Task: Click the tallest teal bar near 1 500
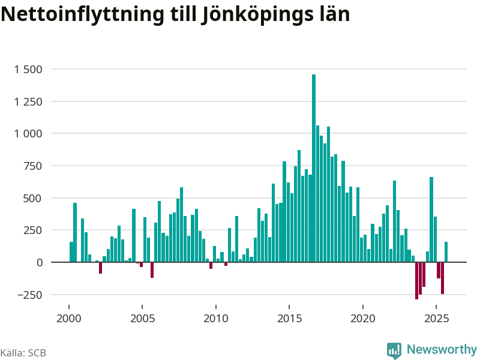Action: point(314,168)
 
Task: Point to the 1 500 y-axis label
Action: point(28,69)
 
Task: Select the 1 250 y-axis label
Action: point(28,101)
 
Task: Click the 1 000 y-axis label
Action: point(28,133)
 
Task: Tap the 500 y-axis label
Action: point(34,198)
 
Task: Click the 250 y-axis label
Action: point(34,230)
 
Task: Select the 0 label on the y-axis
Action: point(39,262)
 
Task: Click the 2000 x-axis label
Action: point(69,318)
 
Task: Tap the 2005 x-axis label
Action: point(142,318)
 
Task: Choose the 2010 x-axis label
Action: point(216,318)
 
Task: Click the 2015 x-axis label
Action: point(289,318)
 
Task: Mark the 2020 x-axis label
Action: point(363,318)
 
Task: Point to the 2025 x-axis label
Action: point(436,318)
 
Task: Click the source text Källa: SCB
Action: point(23,353)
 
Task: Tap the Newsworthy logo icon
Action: point(394,350)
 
